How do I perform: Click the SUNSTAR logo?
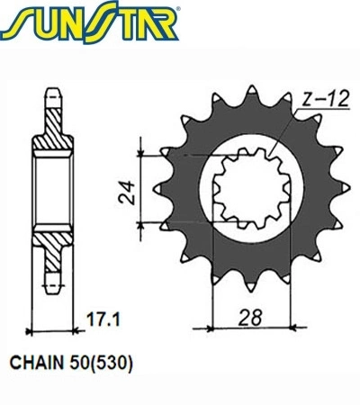89,22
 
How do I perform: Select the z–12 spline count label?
326,99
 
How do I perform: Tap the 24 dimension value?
127,192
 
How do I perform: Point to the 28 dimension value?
250,317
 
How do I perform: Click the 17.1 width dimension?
103,319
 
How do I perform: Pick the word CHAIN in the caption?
37,363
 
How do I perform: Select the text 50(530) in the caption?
101,364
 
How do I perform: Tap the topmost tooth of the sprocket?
251,90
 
